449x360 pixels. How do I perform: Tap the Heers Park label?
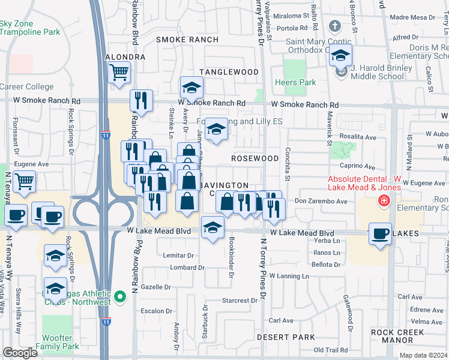[286, 82]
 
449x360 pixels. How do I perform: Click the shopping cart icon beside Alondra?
[119, 72]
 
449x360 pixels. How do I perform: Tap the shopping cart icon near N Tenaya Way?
[25, 181]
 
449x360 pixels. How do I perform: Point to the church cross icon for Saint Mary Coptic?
[335, 26]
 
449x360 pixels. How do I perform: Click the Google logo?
[20, 353]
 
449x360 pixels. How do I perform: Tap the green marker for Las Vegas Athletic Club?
[120, 296]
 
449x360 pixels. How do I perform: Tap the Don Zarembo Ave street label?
[321, 202]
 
